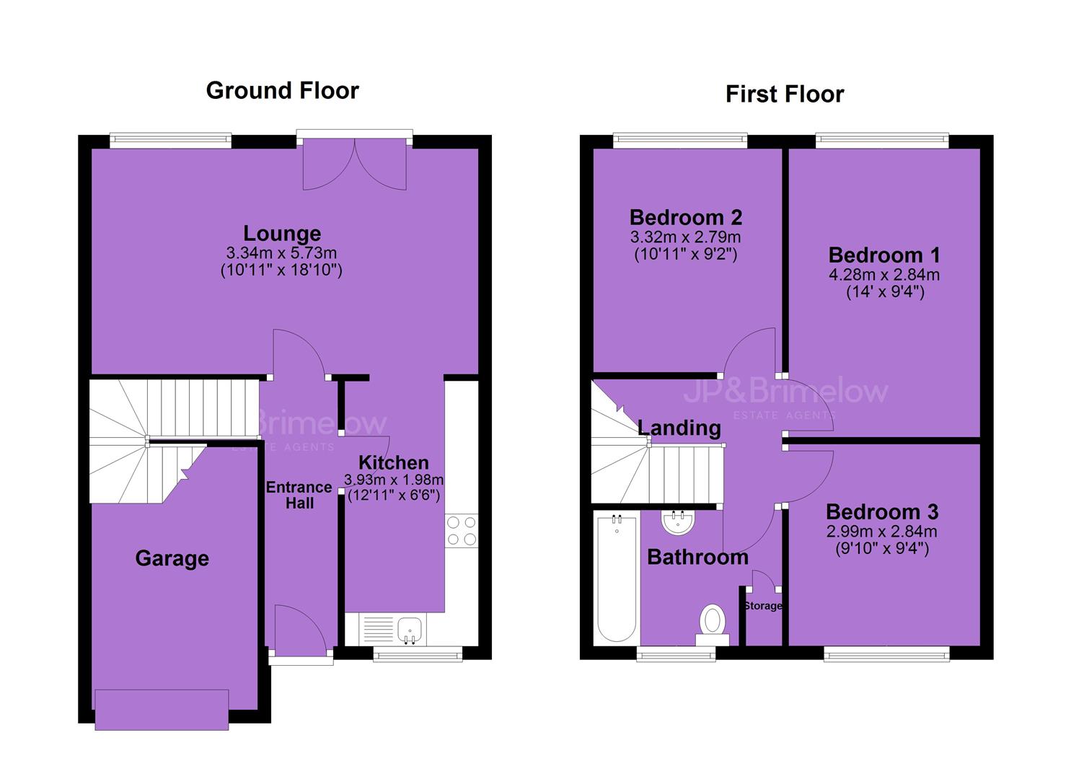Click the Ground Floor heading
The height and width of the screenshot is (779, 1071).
[282, 91]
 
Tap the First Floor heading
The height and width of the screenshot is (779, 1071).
[785, 94]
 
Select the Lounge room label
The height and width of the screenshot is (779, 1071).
[282, 234]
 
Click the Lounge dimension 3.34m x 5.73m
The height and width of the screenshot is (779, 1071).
[281, 252]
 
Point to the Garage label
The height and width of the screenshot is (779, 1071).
[172, 558]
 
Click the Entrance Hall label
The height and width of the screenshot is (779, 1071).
[299, 495]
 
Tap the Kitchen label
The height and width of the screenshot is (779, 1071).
[394, 462]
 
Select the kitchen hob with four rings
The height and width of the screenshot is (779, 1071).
[462, 531]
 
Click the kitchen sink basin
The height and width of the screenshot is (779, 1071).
[409, 629]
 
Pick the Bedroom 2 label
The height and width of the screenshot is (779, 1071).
[686, 218]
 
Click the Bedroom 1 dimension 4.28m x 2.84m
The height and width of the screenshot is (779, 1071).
[884, 275]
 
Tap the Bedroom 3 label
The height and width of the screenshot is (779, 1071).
[882, 512]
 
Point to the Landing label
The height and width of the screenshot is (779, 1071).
[679, 428]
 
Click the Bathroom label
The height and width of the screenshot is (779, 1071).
[697, 558]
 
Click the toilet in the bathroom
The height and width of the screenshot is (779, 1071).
[713, 625]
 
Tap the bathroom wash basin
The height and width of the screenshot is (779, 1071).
[679, 522]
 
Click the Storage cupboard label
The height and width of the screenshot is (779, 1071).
[763, 606]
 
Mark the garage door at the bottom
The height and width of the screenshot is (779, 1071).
[162, 710]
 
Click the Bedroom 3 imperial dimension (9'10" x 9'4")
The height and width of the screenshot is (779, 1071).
[882, 548]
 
